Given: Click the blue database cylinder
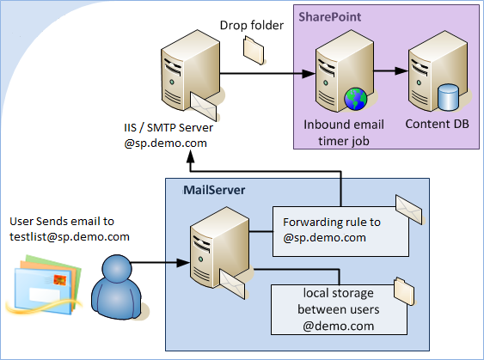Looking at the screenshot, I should coord(447,98).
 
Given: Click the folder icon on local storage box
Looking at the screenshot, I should coord(402,285).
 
